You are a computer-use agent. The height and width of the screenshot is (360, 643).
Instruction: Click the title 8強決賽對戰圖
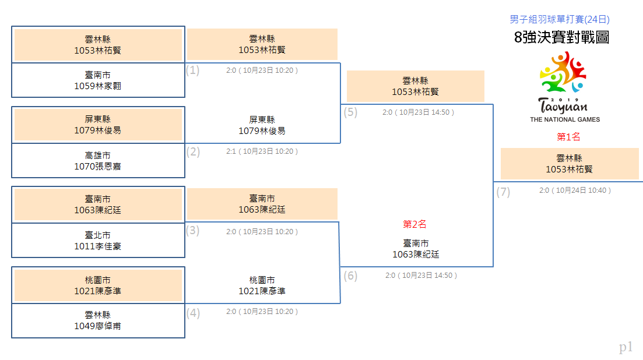point(561,37)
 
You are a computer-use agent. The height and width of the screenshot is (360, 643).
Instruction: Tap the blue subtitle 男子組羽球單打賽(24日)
point(559,19)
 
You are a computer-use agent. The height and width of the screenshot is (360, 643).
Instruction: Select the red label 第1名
point(568,137)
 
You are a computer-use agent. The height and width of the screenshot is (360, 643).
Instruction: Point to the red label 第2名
point(414,224)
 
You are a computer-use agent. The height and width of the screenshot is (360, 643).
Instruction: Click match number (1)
point(192,70)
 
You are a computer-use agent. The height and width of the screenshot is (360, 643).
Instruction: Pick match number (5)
point(350,112)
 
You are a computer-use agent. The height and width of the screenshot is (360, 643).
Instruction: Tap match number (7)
point(503,192)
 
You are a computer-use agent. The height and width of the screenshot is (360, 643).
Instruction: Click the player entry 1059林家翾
point(97,86)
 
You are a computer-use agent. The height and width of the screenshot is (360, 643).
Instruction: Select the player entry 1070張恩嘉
point(97,166)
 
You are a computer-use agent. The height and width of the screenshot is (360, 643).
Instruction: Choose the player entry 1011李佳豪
point(97,246)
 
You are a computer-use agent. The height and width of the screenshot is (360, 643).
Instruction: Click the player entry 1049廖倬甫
point(97,326)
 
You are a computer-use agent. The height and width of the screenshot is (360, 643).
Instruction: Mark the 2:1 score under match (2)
point(231,151)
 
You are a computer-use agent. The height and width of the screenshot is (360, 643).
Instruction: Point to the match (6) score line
point(421,276)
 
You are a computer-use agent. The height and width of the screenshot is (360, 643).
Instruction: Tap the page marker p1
point(626,347)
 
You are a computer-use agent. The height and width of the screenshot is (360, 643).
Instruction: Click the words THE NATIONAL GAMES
point(565,119)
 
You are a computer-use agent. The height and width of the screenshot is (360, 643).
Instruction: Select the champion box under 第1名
point(570,164)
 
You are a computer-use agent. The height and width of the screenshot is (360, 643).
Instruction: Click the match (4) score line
point(262,312)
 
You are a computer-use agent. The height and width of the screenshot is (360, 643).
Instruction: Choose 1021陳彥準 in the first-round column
point(97,291)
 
